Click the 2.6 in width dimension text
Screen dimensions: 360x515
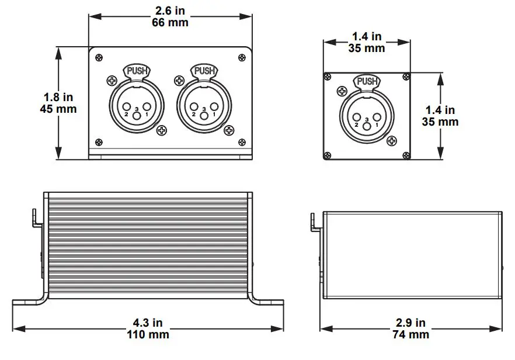tap(170, 10)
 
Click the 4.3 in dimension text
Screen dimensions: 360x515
tap(148, 323)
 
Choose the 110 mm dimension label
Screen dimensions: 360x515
tap(148, 334)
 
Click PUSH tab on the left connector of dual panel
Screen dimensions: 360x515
tap(137, 71)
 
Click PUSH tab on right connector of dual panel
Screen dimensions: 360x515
tap(204, 71)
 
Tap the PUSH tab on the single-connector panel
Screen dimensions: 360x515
tap(367, 81)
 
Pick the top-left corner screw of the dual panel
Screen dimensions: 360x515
tap(99, 57)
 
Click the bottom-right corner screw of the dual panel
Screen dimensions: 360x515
tap(242, 141)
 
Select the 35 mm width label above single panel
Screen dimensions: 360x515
tap(367, 49)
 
